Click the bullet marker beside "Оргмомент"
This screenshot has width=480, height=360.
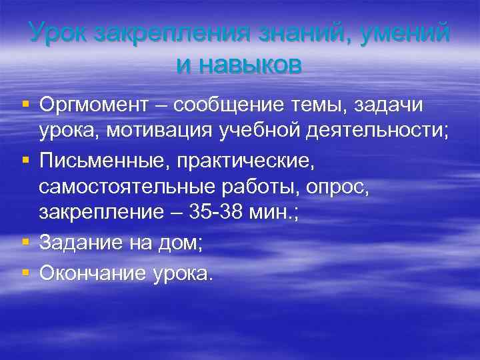tap(25, 105)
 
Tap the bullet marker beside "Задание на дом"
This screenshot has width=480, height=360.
tap(25, 243)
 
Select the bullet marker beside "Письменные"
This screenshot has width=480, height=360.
tap(25, 159)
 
